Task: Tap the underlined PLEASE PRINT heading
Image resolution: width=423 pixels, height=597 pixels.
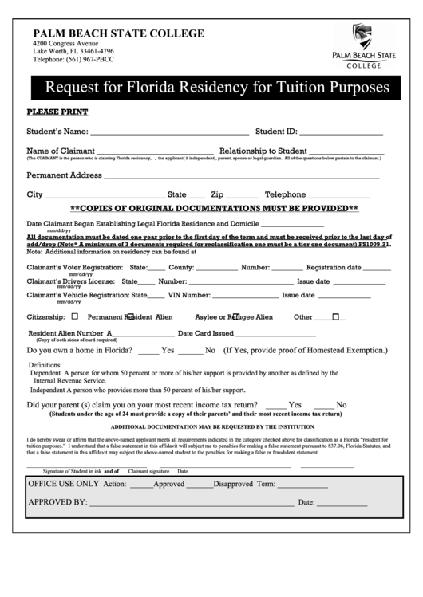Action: click(57, 112)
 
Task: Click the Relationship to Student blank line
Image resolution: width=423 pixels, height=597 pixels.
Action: click(346, 153)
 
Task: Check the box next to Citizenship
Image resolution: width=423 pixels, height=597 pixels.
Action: click(75, 316)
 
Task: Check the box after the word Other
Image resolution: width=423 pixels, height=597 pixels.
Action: click(336, 316)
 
